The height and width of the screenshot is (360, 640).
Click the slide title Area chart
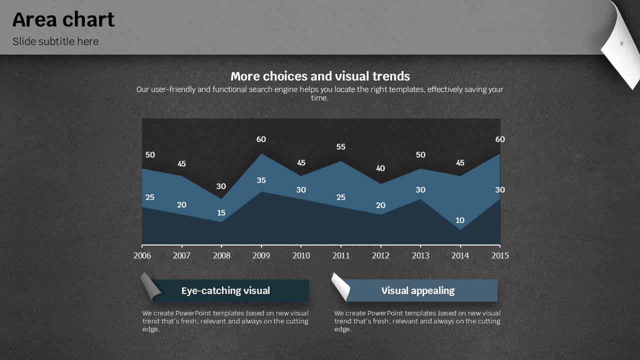tap(63, 20)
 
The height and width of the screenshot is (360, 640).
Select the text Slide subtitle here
tap(55, 41)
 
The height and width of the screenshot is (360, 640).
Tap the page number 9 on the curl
tap(621, 44)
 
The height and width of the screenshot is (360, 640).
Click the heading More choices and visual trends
tap(320, 76)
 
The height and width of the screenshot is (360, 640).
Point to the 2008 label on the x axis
tap(221, 255)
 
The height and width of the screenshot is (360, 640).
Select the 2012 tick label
tap(380, 255)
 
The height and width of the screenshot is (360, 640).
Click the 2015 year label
tap(500, 255)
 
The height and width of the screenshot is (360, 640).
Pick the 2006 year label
tap(142, 255)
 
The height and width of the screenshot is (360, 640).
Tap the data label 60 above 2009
tap(261, 139)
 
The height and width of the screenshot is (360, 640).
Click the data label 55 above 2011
tap(340, 147)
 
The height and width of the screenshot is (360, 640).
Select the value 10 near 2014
tap(460, 220)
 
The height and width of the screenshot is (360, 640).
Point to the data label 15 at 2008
tap(221, 213)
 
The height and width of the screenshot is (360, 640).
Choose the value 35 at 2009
tap(261, 180)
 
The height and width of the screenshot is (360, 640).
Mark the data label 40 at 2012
tap(380, 168)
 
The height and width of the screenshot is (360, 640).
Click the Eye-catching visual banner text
tap(225, 290)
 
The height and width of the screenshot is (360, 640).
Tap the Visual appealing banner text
tap(418, 290)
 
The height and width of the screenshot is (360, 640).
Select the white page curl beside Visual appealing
tap(340, 285)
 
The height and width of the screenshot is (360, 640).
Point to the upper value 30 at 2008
tap(221, 186)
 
